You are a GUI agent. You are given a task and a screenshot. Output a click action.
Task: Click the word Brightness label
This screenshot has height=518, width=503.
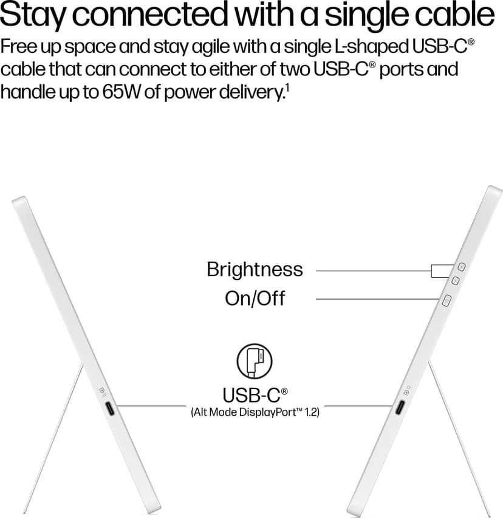click(x=255, y=269)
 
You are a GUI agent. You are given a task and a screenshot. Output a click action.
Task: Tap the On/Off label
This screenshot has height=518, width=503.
click(x=255, y=299)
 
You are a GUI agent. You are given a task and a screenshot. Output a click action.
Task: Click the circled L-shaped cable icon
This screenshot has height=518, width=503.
click(x=255, y=361)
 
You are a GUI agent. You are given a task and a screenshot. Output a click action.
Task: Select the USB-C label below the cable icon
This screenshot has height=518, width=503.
click(x=255, y=395)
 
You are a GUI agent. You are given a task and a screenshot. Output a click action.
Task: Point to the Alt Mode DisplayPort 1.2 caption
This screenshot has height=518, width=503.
click(x=255, y=412)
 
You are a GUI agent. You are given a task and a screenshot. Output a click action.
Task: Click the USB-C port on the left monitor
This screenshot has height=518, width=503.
click(x=110, y=409)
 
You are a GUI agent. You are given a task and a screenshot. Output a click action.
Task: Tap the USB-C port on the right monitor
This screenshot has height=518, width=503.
click(x=400, y=407)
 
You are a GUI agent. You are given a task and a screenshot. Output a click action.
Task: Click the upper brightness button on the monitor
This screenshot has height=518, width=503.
click(x=462, y=267)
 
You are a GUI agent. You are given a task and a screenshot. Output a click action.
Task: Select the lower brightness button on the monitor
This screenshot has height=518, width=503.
click(x=456, y=281)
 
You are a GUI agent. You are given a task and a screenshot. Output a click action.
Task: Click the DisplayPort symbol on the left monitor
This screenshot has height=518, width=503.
click(x=103, y=390)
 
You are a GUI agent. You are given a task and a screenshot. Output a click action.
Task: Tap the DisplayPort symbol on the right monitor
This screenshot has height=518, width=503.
click(x=407, y=390)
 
